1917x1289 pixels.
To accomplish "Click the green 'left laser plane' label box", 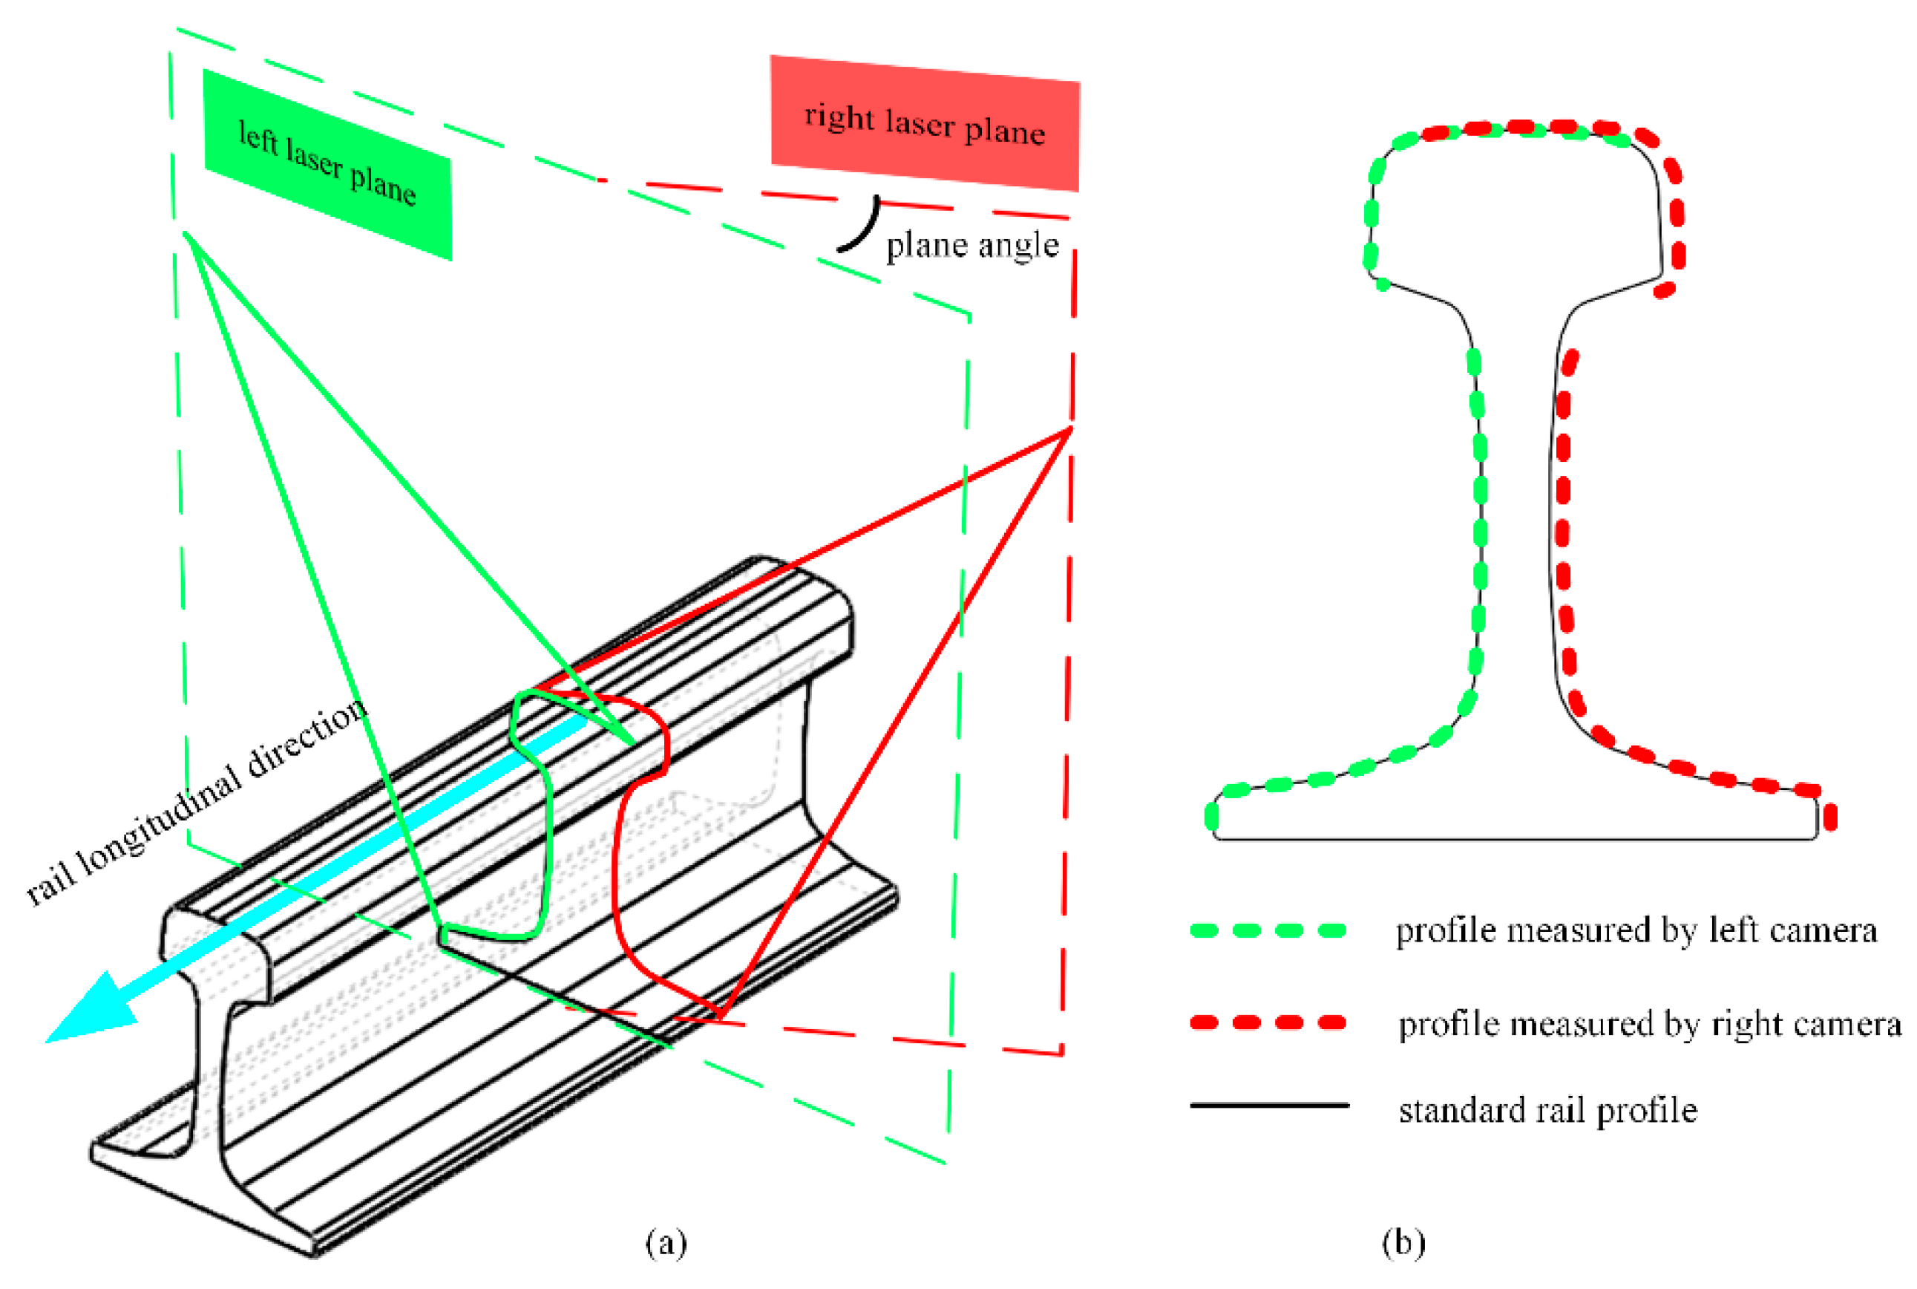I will click(327, 164).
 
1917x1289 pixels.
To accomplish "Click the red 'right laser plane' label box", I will click(925, 123).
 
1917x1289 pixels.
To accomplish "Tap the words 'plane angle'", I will click(972, 245).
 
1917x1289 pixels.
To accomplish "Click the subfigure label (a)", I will click(666, 1242).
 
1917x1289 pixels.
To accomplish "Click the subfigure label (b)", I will click(1403, 1242).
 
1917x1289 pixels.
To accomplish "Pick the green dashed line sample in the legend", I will click(1268, 930).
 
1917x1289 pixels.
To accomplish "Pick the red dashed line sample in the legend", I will click(1268, 1022).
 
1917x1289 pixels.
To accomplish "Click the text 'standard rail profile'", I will click(1547, 1111).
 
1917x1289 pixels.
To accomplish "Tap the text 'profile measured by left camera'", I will click(1635, 930).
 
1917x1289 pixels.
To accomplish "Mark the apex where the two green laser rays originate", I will click(186, 235).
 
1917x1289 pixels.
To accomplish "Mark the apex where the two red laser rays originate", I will click(1071, 428).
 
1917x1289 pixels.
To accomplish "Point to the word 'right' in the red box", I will click(838, 117).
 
